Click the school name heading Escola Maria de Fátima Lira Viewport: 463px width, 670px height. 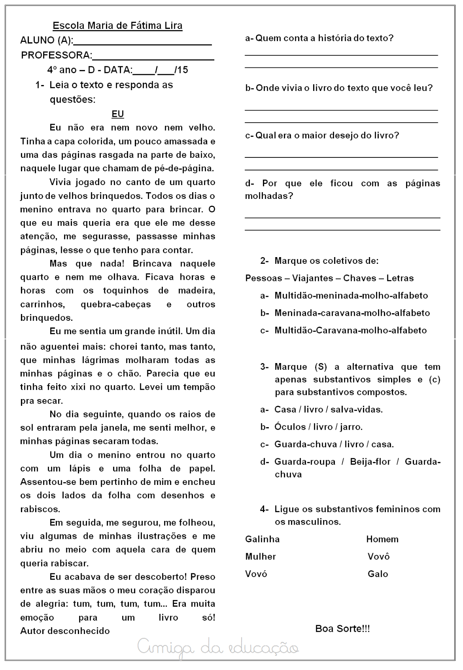tap(117, 26)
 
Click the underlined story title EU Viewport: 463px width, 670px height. tap(118, 114)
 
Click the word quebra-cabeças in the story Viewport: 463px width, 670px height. tap(116, 304)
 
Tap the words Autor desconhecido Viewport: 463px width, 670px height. tap(65, 631)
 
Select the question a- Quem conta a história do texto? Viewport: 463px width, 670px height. tap(319, 38)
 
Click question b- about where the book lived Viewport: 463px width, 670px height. tap(339, 88)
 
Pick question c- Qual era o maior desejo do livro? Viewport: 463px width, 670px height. tap(322, 135)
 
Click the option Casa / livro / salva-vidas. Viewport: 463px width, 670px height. tap(328, 410)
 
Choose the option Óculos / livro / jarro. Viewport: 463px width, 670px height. tap(318, 427)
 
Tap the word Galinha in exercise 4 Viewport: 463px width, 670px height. tap(262, 539)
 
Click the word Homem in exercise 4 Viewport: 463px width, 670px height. tap(382, 539)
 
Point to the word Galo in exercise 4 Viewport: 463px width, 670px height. tap(378, 574)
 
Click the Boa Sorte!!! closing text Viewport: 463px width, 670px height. tap(342, 629)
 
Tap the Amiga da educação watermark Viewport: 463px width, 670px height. tap(218, 648)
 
